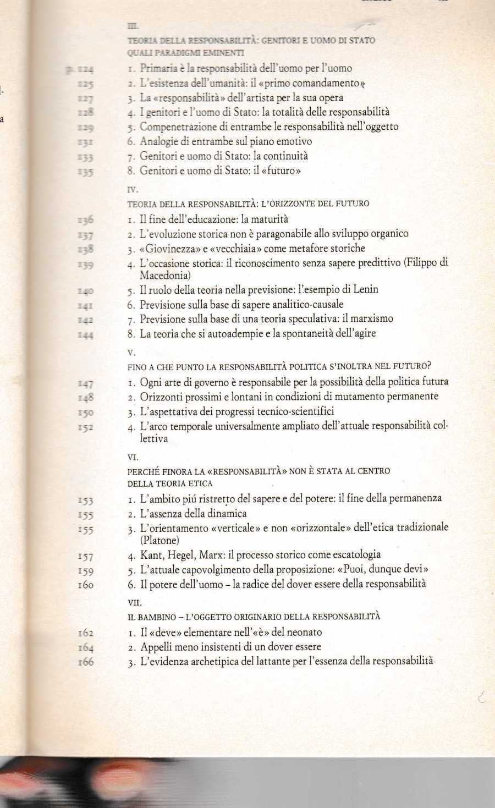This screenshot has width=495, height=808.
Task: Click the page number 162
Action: click(x=85, y=633)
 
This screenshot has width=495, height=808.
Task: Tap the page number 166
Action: click(x=85, y=662)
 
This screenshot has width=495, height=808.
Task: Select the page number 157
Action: click(x=85, y=556)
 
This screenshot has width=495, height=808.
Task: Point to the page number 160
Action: click(x=85, y=585)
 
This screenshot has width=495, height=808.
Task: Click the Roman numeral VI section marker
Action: click(x=132, y=457)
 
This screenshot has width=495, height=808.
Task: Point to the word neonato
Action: click(x=302, y=633)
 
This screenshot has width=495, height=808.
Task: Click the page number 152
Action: click(x=85, y=427)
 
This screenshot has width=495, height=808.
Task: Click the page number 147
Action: click(x=85, y=383)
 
